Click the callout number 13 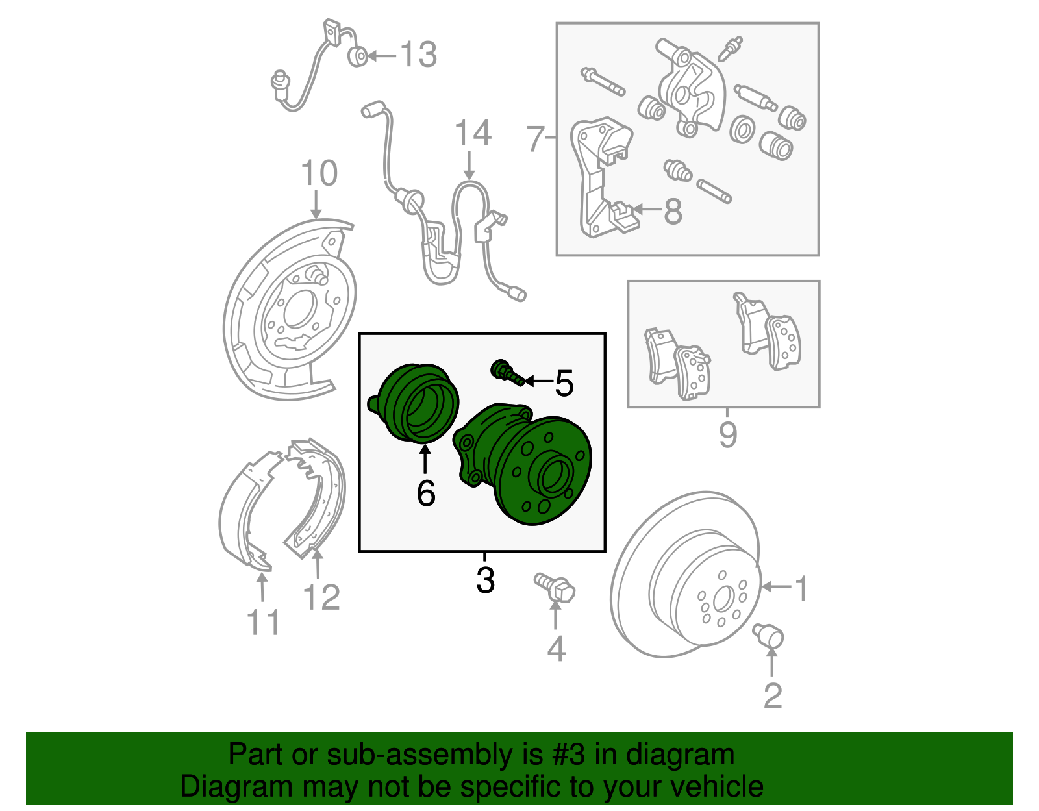[x=418, y=55]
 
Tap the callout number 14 [x=473, y=134]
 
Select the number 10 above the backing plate [x=319, y=174]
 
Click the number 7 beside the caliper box [x=535, y=138]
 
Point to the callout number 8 [x=673, y=212]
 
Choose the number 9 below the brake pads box [x=728, y=434]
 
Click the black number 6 [x=426, y=493]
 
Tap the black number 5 [x=564, y=384]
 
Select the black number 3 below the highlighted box [x=485, y=580]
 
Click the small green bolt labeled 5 [x=507, y=373]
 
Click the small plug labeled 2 [x=769, y=635]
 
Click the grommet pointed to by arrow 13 [x=357, y=56]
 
